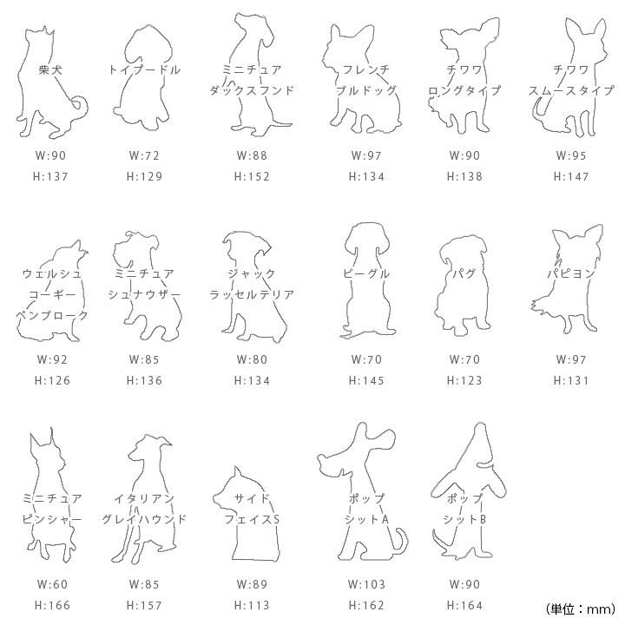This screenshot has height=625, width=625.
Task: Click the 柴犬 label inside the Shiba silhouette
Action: coord(50,70)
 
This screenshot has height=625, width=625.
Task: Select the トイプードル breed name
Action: coord(144,70)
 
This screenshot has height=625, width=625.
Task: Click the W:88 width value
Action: coord(252,155)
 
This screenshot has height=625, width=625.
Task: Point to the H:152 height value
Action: coord(252,176)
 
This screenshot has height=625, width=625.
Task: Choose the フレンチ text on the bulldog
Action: coord(366,70)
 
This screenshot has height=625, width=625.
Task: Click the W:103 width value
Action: coord(366,584)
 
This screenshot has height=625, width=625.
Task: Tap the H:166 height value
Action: coord(52,606)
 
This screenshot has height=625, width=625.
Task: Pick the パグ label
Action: coord(464,274)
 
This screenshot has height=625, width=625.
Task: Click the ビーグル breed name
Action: coord(366,274)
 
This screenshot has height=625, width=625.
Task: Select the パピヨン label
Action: coord(571,274)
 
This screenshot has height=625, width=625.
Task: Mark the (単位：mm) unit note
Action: coord(581,609)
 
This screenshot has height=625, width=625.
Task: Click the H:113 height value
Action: coord(252,606)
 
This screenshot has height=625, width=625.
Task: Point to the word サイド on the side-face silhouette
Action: coord(252,498)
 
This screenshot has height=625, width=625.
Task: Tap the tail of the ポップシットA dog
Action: coord(401,542)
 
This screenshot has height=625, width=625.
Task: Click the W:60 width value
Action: coord(52,584)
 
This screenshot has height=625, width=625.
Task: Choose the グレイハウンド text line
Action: coord(144,519)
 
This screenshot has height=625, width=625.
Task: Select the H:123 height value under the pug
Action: coord(464,381)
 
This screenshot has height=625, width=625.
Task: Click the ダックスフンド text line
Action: coord(252,91)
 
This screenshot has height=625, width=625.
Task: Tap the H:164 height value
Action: coord(464,606)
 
